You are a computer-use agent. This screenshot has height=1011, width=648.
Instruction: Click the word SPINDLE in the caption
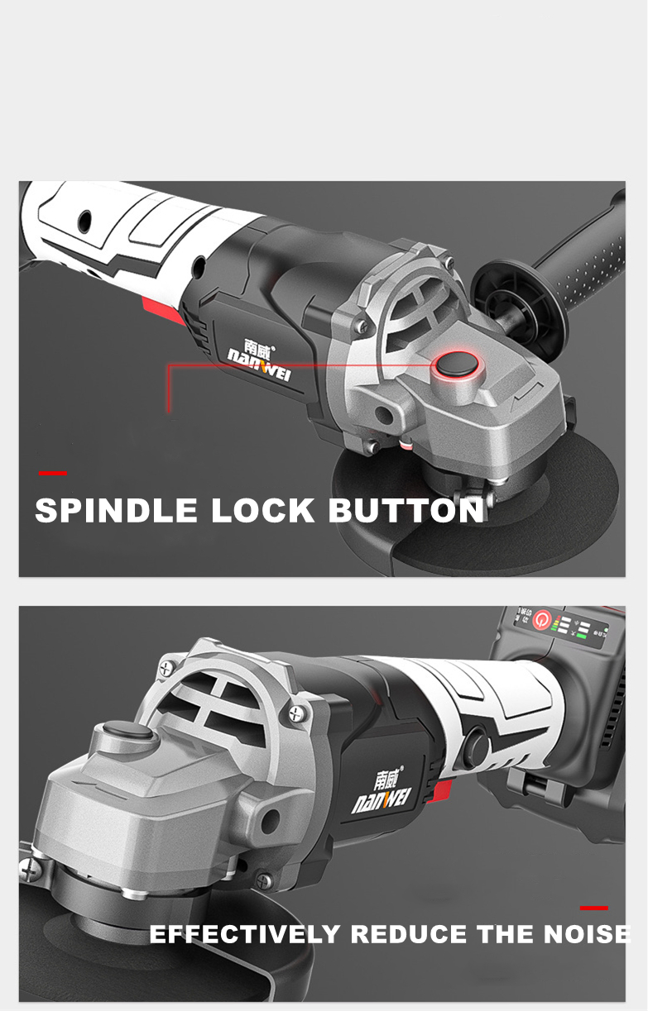(117, 511)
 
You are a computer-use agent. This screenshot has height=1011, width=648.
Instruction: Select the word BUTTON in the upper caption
(406, 511)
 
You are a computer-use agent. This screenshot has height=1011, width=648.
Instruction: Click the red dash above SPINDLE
(53, 474)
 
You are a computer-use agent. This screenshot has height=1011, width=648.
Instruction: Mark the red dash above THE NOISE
(594, 908)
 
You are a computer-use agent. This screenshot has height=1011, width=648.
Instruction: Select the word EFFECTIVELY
(244, 935)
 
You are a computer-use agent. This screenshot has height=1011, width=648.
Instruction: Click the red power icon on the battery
(543, 618)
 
